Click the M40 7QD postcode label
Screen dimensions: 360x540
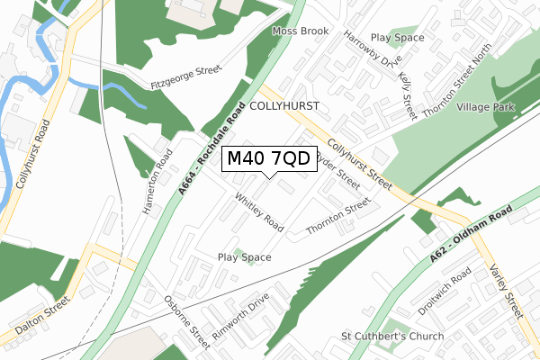268,158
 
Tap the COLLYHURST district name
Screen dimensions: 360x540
283,106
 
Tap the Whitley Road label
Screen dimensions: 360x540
259,211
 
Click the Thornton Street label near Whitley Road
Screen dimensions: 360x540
339,218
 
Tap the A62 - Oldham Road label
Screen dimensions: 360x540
470,235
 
